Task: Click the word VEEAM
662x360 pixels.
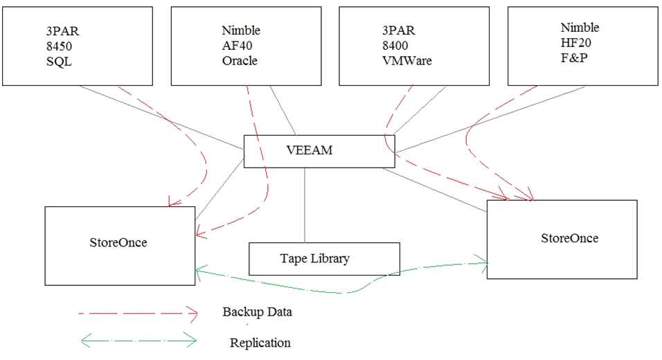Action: [309, 150]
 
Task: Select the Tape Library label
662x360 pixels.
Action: [315, 259]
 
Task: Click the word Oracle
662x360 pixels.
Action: [240, 61]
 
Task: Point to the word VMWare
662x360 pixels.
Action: [407, 61]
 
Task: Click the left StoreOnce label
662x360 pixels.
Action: [118, 242]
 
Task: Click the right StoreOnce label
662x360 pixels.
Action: [569, 238]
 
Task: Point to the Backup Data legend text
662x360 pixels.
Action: [257, 312]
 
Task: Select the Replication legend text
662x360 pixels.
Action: [260, 343]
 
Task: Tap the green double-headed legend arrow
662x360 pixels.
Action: [138, 340]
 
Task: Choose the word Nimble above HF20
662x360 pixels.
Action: [580, 28]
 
